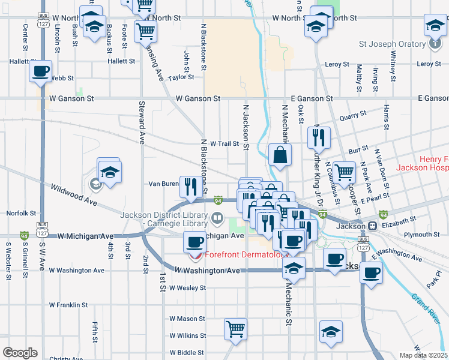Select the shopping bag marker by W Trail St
(280, 155)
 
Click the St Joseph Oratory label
(391, 44)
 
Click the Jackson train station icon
(372, 226)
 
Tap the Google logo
(20, 352)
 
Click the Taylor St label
(181, 77)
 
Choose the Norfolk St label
(17, 213)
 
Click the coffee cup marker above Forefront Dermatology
(193, 242)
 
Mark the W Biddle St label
(188, 352)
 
